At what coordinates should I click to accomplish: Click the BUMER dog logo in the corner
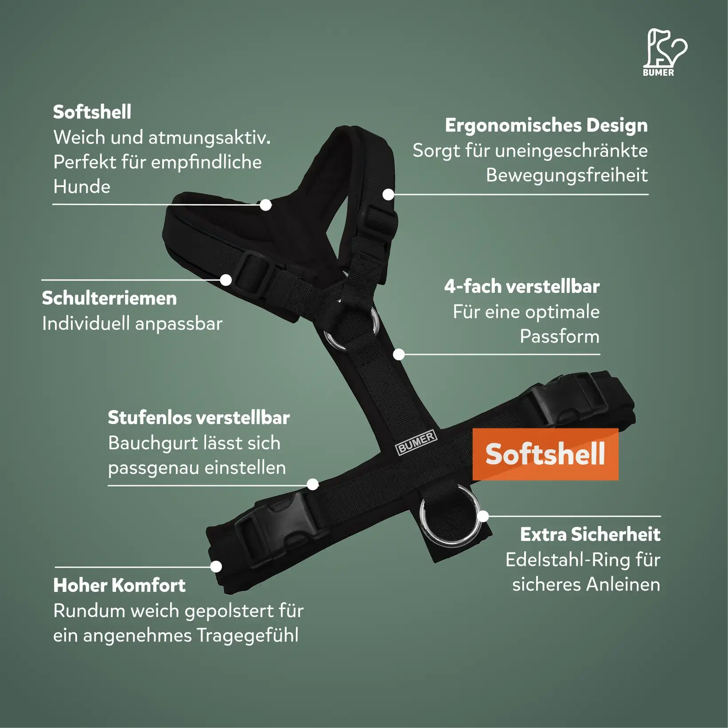click(665, 52)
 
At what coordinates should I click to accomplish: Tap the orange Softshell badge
click(545, 454)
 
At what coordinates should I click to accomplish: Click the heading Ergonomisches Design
click(546, 126)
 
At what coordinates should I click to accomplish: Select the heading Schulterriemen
click(109, 298)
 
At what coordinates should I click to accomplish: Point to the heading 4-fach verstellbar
click(522, 287)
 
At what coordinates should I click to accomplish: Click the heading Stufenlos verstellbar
click(199, 417)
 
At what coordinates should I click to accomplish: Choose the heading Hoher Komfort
click(119, 585)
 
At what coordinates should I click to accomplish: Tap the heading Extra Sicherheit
click(590, 534)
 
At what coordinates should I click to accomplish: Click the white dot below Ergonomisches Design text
click(388, 194)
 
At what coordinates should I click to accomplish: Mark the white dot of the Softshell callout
click(265, 205)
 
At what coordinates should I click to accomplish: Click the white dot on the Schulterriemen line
click(226, 280)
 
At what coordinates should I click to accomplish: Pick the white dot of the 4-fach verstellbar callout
click(399, 354)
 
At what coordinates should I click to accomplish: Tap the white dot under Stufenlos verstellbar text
click(313, 484)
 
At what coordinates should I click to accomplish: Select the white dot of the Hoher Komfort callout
click(216, 566)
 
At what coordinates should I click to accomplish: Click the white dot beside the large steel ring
click(483, 516)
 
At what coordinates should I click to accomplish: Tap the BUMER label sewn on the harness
click(416, 442)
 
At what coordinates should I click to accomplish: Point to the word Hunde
click(82, 187)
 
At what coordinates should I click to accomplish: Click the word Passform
click(560, 336)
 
